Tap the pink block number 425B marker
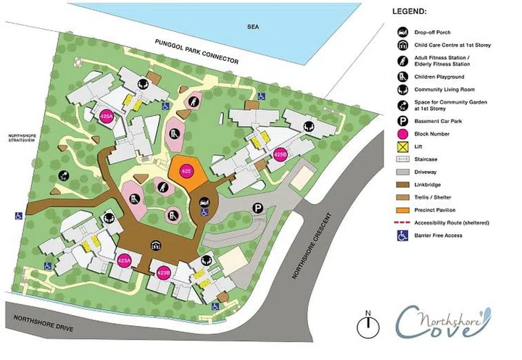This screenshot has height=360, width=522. click(281, 154)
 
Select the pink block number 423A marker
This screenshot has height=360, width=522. click(124, 261)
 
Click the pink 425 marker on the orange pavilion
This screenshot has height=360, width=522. click(186, 172)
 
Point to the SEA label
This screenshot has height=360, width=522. click(252, 28)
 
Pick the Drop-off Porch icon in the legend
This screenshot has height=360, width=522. click(401, 33)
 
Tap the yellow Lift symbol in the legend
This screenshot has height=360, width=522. click(401, 146)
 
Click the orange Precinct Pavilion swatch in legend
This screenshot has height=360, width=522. click(401, 211)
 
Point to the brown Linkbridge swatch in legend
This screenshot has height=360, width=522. click(401, 185)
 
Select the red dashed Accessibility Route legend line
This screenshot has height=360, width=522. click(401, 223)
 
